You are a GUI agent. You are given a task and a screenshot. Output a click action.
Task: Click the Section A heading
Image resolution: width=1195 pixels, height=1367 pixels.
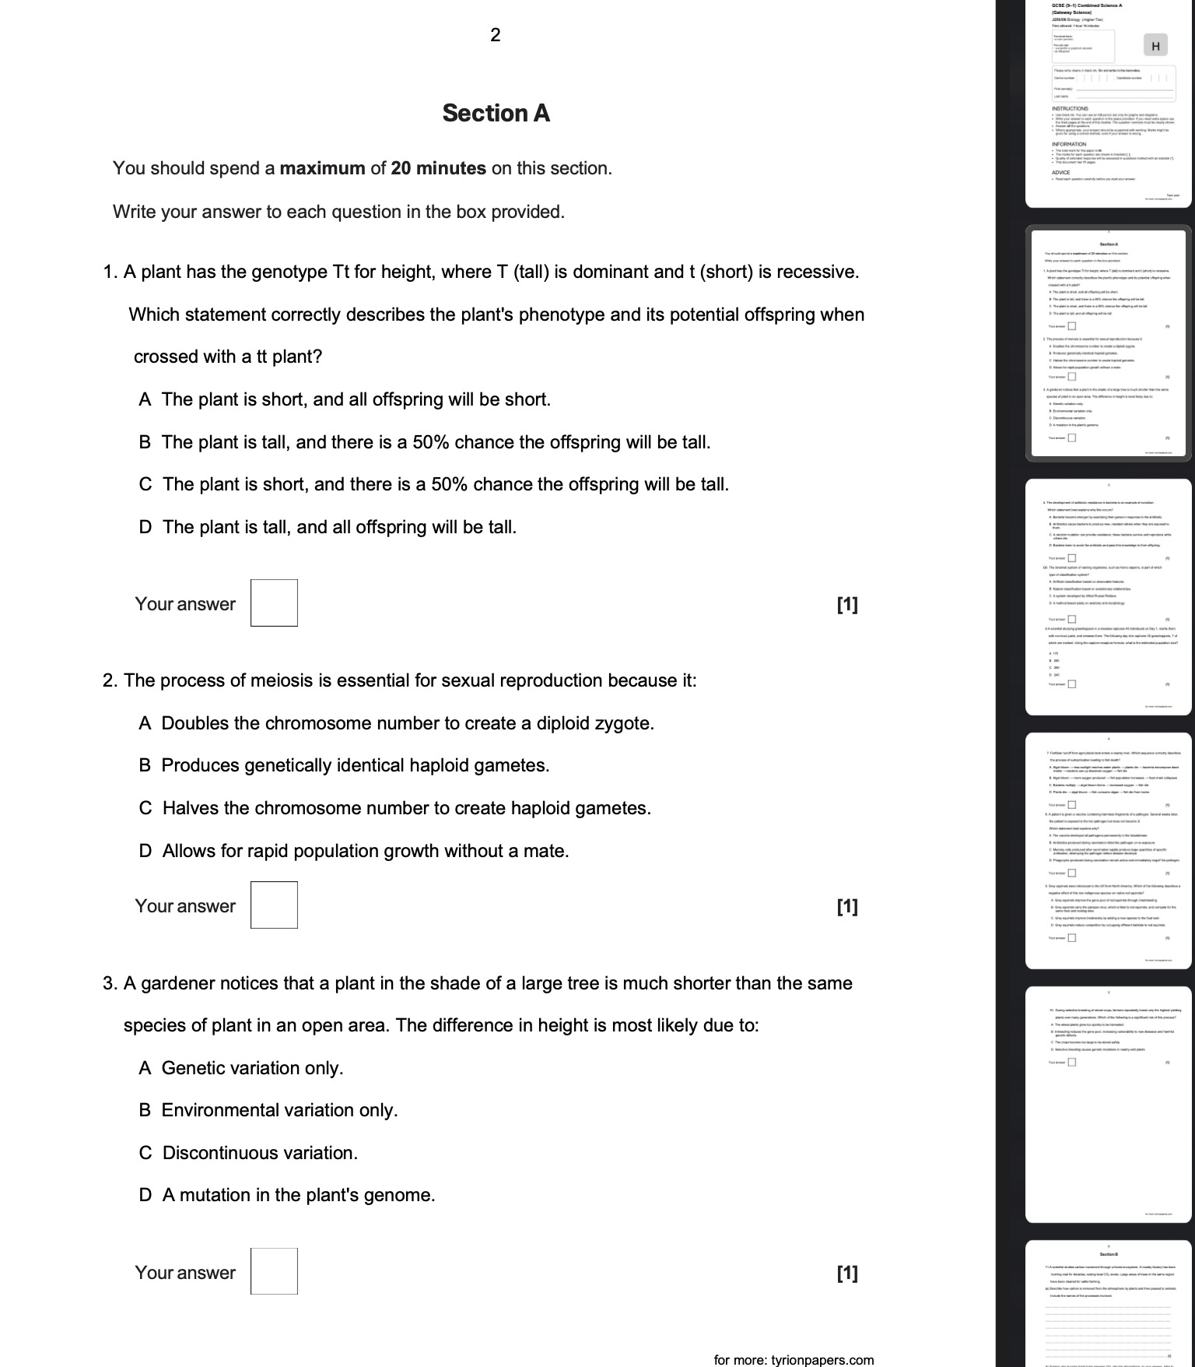tap(496, 114)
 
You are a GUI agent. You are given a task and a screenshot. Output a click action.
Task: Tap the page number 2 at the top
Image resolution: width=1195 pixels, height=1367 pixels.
tap(496, 34)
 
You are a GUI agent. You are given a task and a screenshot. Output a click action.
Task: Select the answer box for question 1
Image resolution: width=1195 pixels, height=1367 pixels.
tap(274, 603)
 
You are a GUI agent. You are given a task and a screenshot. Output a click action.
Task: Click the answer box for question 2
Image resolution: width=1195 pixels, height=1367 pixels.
tap(274, 905)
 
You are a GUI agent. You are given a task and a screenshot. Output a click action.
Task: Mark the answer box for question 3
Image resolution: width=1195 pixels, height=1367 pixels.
tap(274, 1271)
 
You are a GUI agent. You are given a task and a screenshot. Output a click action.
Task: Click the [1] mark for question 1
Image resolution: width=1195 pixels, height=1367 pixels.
tap(847, 604)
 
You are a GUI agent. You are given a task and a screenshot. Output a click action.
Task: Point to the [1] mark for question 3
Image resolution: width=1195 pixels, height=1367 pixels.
tap(847, 1273)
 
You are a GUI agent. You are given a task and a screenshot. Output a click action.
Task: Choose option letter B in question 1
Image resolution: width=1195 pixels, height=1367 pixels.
tap(145, 443)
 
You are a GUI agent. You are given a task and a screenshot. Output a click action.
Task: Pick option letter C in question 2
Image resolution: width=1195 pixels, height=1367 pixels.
tap(145, 809)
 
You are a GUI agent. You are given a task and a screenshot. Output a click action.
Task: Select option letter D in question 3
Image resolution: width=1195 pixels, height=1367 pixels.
tap(145, 1195)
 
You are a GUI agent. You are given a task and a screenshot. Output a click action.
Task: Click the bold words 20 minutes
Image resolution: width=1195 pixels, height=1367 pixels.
tap(439, 168)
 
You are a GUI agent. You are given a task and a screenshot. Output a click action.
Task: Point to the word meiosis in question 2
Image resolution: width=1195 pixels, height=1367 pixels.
tap(281, 681)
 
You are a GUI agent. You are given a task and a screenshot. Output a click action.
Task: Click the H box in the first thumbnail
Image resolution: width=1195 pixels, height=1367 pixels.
tap(1155, 46)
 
